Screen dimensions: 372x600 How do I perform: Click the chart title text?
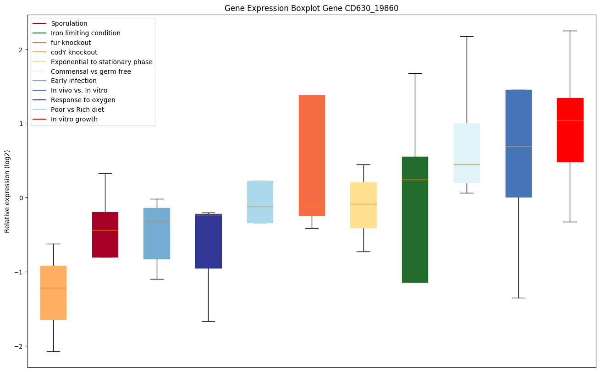point(311,8)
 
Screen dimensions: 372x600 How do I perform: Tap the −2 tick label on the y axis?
point(19,346)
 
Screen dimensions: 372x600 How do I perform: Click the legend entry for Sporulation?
point(69,23)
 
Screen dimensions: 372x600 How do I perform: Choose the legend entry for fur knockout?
point(71,43)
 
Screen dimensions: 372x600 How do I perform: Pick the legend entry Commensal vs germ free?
point(91,71)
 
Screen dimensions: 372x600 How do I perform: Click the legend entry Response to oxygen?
point(83,100)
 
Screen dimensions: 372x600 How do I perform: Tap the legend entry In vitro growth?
point(74,119)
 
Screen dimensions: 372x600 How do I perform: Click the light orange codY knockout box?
point(53,293)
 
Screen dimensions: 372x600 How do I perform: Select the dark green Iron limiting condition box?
point(415,220)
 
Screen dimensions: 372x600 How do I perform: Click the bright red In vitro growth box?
point(570,130)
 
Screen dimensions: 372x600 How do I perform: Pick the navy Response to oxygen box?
point(208,241)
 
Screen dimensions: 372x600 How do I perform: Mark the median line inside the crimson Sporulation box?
point(105,230)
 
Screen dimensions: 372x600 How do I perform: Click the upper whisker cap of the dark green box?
point(415,73)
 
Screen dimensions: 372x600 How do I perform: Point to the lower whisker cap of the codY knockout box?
point(53,351)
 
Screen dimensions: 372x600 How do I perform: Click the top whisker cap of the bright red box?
point(570,31)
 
